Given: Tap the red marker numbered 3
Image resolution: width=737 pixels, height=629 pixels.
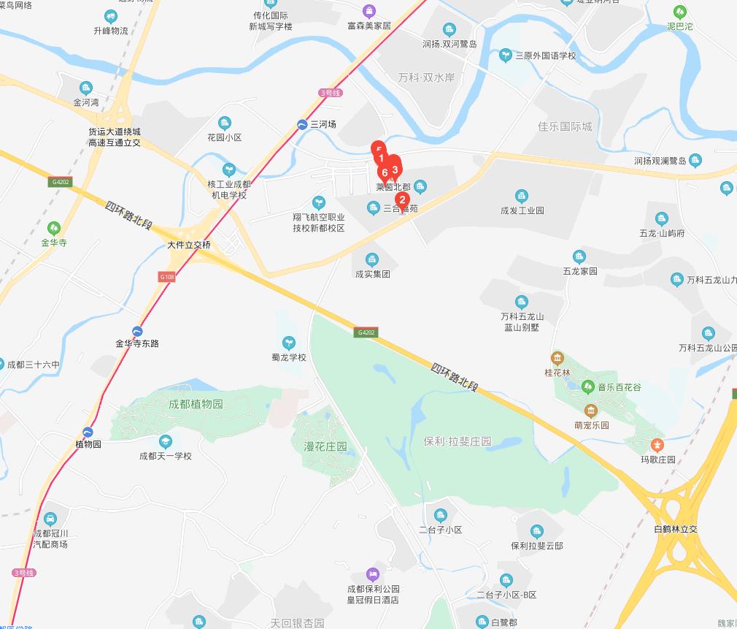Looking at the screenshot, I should (395, 169).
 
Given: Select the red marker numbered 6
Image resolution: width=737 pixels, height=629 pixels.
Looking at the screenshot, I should (385, 173).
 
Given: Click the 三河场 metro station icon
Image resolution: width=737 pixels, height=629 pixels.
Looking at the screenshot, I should (302, 125).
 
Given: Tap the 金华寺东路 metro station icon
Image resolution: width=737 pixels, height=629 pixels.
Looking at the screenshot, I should (137, 330).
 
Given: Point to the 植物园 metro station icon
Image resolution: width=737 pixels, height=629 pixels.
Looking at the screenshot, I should (88, 432).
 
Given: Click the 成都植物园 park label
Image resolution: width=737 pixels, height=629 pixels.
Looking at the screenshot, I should (196, 404).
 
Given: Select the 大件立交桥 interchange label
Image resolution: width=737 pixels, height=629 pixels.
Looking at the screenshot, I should (189, 245).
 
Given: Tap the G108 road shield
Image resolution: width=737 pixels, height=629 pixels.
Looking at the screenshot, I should (166, 277).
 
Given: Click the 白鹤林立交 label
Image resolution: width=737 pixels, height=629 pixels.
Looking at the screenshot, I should (676, 529).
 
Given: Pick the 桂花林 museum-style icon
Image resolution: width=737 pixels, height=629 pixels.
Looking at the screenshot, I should (557, 358).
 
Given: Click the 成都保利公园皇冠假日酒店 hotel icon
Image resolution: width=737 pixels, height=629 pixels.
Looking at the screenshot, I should (373, 573).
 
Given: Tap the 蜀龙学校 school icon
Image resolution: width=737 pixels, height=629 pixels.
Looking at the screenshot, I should (289, 342).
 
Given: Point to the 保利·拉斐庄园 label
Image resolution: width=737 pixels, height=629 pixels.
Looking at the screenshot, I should (458, 441).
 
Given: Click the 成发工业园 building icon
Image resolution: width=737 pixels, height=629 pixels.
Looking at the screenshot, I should (522, 195).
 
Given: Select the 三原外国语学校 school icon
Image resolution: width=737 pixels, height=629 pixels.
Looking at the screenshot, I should (505, 55).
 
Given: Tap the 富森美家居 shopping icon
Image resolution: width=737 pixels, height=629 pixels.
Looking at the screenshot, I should (369, 10).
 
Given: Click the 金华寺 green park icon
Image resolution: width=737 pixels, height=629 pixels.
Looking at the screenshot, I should (53, 227).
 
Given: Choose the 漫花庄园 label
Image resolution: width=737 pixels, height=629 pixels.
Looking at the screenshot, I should (320, 446).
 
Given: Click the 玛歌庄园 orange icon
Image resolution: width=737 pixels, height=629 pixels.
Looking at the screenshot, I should (657, 444).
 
